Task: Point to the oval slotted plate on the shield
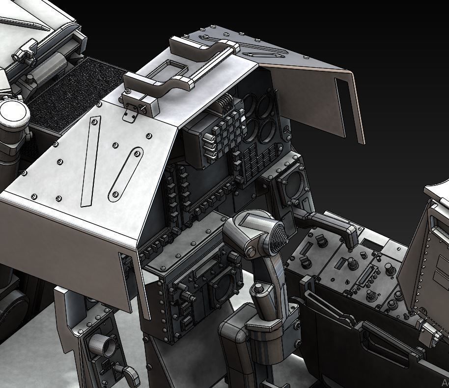[125, 174]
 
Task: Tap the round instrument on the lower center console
[224, 287]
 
